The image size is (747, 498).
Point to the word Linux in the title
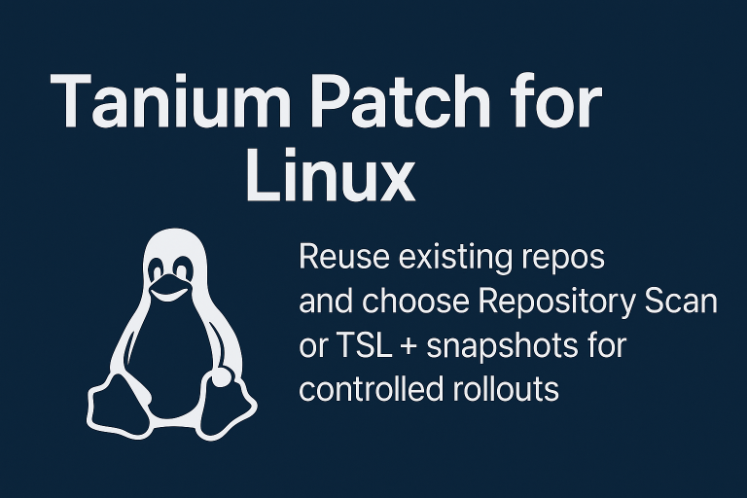coord(330,178)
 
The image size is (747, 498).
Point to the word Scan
coord(681,302)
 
